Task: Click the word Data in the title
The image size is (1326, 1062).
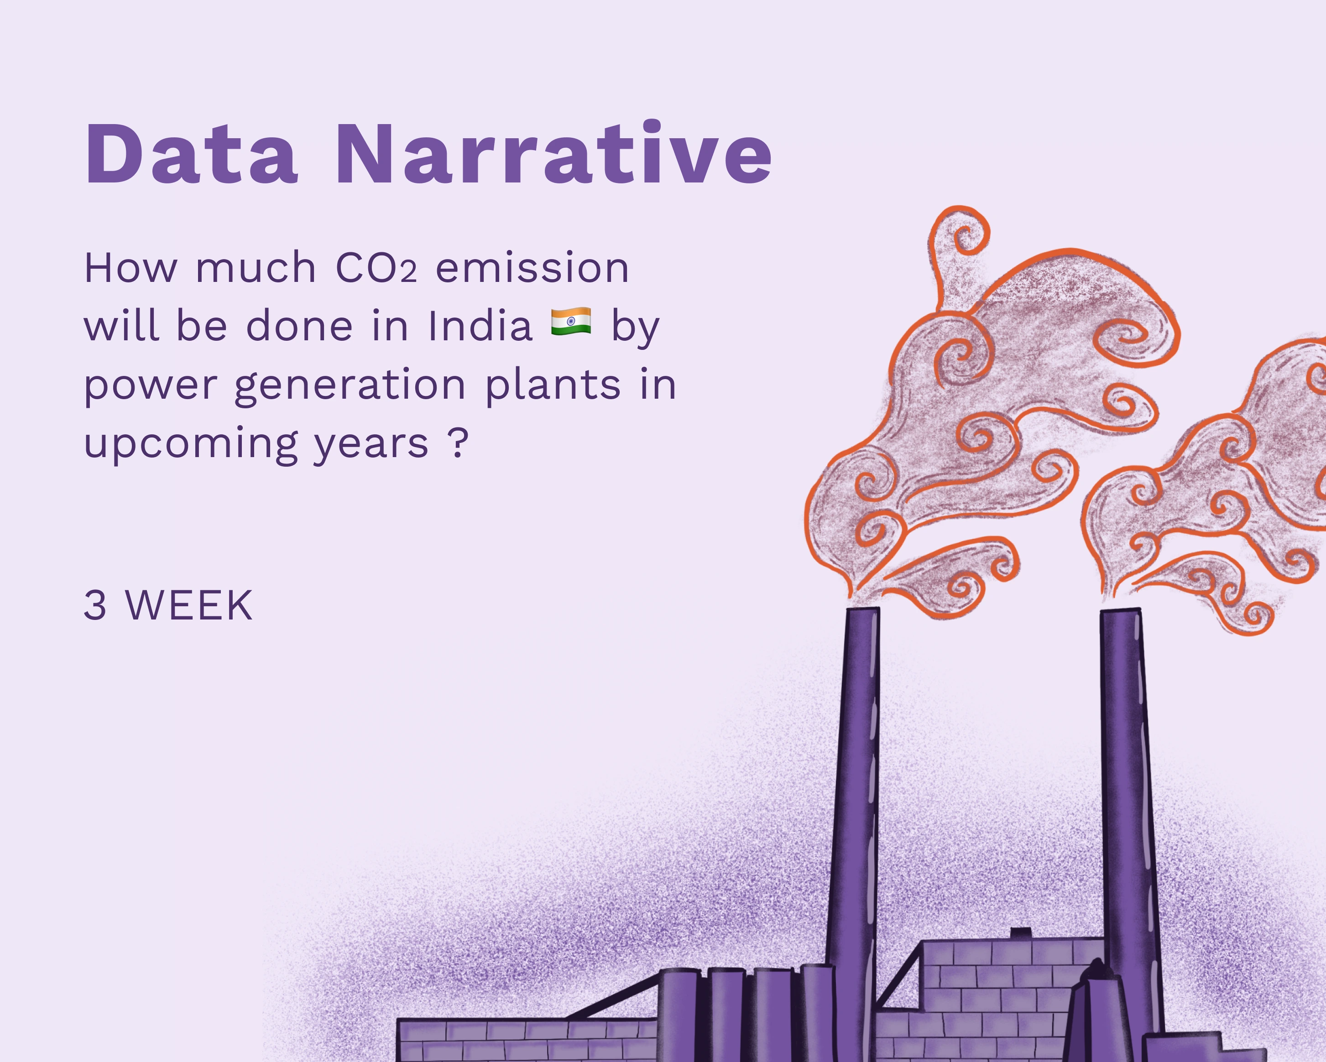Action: (x=191, y=154)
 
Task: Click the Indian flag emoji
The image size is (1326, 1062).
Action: (x=571, y=322)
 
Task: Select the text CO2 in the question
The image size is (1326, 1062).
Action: (x=376, y=268)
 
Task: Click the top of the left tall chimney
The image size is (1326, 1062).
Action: (x=862, y=609)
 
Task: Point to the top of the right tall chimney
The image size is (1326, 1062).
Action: (x=1121, y=611)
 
